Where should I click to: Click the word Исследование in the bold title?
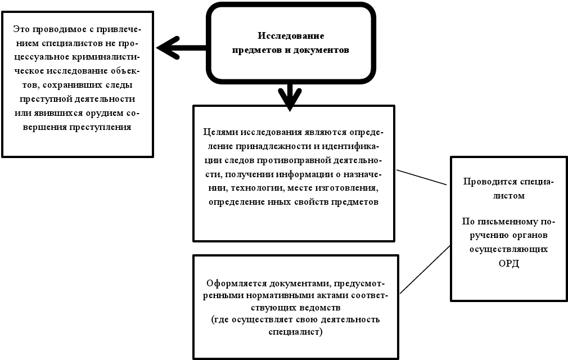(291, 36)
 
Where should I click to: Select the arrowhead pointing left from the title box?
(166, 48)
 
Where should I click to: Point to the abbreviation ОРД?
(508, 263)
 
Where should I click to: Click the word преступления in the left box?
(105, 127)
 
